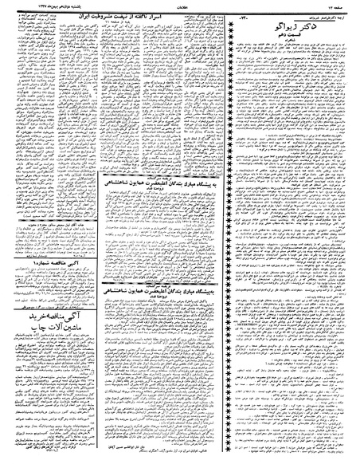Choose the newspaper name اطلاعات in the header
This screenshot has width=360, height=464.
[x=179, y=7]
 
